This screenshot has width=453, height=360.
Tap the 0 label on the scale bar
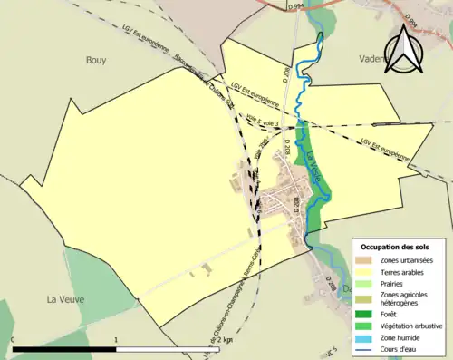pyautogui.click(x=13, y=340)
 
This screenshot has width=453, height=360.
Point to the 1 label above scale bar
pyautogui.click(x=116, y=340)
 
